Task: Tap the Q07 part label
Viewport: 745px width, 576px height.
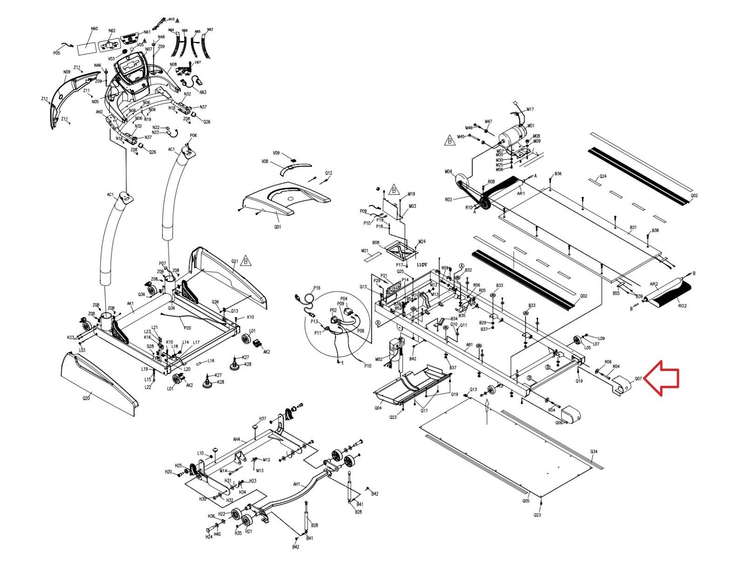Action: pyautogui.click(x=638, y=379)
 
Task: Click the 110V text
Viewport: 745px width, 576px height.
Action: pyautogui.click(x=421, y=264)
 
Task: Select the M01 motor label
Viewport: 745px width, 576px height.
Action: pyautogui.click(x=530, y=126)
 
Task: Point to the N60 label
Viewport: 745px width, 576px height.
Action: pyautogui.click(x=94, y=29)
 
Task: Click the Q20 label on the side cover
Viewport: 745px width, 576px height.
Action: pyautogui.click(x=86, y=398)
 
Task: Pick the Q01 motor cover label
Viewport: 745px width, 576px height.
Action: pyautogui.click(x=278, y=227)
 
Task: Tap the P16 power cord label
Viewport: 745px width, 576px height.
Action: pyautogui.click(x=317, y=288)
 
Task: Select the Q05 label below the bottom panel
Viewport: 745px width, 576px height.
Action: pyautogui.click(x=526, y=501)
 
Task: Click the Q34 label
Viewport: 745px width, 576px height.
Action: pyautogui.click(x=594, y=452)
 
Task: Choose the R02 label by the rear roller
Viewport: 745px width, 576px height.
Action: pyautogui.click(x=682, y=306)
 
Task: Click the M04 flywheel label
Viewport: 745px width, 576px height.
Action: pyautogui.click(x=448, y=171)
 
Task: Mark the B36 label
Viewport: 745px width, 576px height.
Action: pyautogui.click(x=558, y=174)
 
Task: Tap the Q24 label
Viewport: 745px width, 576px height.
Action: pyautogui.click(x=603, y=176)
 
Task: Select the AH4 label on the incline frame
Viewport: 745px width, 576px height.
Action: pyautogui.click(x=237, y=439)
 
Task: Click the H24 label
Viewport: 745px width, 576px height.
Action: pyautogui.click(x=209, y=537)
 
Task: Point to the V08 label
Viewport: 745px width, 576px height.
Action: pyautogui.click(x=264, y=162)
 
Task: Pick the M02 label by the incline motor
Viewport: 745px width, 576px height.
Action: pyautogui.click(x=379, y=359)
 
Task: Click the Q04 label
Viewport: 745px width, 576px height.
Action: pyautogui.click(x=378, y=408)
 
